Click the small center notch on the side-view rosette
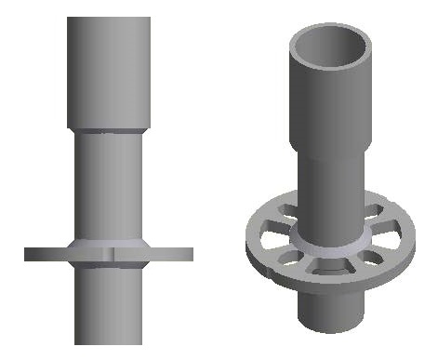click(x=110, y=251)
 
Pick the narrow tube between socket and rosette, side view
click(x=108, y=186)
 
